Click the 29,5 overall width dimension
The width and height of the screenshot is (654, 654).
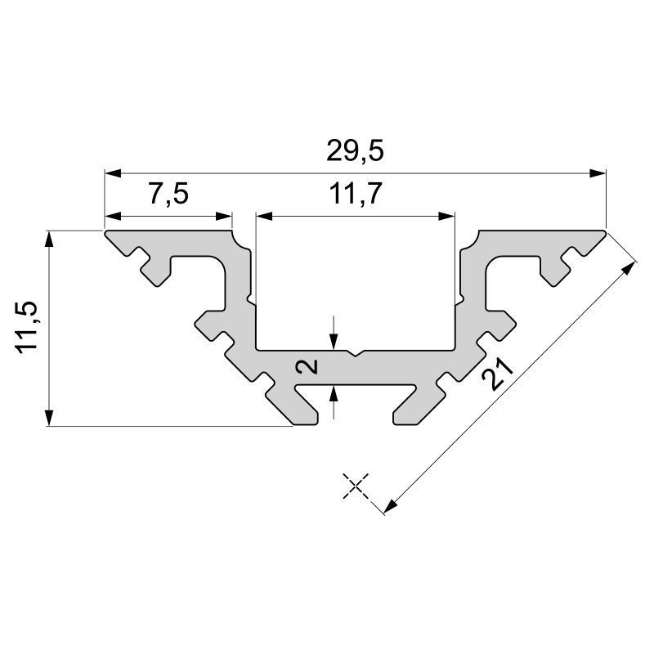(355, 152)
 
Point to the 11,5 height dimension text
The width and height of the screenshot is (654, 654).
(29, 327)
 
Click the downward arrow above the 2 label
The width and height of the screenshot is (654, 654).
(334, 342)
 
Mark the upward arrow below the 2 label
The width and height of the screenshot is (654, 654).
(334, 393)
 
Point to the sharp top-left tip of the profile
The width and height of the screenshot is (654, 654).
(105, 233)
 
